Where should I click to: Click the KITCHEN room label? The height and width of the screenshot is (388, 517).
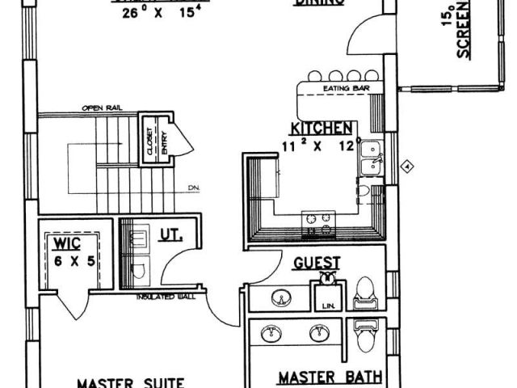(x=321, y=129)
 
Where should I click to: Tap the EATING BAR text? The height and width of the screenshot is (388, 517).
(x=341, y=88)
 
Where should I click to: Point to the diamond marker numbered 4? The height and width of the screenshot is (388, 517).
(x=408, y=167)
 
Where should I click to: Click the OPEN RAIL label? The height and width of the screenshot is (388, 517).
(x=100, y=108)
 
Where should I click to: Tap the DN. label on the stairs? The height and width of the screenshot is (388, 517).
(x=194, y=188)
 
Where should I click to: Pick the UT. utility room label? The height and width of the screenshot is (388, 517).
(x=171, y=236)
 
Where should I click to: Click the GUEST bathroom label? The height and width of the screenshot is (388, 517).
(x=316, y=263)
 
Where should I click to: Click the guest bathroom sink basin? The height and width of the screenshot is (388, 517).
(x=280, y=298)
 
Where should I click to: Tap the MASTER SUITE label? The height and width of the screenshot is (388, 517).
(x=132, y=382)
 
